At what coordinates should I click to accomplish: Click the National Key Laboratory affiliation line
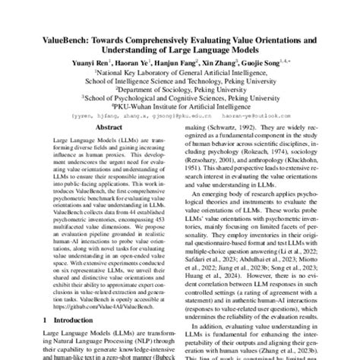[x=180, y=56]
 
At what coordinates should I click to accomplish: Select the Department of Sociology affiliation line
[x=180, y=77]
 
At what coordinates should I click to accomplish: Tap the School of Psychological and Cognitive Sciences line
[x=180, y=87]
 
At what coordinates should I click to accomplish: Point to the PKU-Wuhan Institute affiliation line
[x=180, y=97]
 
